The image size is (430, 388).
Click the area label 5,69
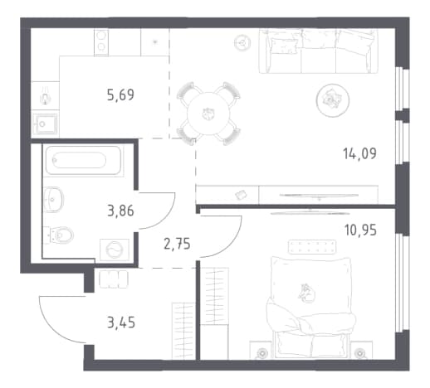tap(120, 95)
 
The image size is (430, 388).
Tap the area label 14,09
tap(359, 153)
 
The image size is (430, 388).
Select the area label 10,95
tap(360, 230)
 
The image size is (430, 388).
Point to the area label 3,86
tap(120, 211)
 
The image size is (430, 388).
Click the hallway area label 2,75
tap(177, 245)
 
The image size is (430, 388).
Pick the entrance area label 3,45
tap(121, 323)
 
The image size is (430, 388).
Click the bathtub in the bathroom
tap(83, 161)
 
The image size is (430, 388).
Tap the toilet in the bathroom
tap(59, 235)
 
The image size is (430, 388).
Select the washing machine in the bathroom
tap(115, 250)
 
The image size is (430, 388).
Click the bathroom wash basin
tap(53, 199)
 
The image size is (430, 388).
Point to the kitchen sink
tap(45, 124)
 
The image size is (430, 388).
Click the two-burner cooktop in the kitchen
tap(101, 42)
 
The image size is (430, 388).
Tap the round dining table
tap(208, 114)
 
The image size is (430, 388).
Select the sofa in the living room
tap(318, 51)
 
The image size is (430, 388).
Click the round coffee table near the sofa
tap(333, 100)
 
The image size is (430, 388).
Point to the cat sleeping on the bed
tap(306, 293)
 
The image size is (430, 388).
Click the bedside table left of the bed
tap(261, 351)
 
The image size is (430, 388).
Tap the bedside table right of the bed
tap(361, 351)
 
